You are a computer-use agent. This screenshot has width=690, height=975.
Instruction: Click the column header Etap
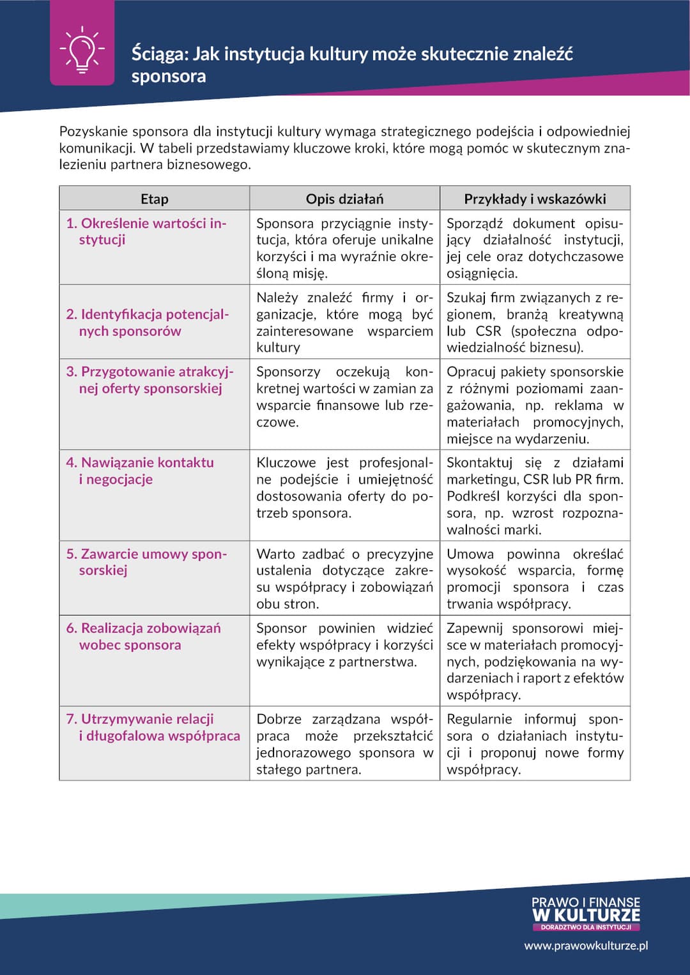[154, 199]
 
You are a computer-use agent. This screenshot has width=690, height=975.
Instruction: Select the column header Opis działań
[344, 199]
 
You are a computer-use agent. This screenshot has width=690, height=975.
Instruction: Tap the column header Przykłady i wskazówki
[535, 199]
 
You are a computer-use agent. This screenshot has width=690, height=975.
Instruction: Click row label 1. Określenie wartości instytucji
[146, 231]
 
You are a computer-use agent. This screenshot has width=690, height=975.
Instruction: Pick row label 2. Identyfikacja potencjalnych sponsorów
[147, 322]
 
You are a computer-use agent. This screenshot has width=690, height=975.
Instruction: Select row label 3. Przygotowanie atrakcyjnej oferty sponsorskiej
[150, 380]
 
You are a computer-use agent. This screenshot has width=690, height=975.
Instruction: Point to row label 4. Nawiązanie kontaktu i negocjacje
[141, 471]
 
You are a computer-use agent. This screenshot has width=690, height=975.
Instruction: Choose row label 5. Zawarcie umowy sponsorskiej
[146, 562]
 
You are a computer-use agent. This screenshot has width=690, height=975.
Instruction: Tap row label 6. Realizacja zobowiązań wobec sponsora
[144, 636]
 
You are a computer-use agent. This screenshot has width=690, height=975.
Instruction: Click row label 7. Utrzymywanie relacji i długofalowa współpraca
[153, 727]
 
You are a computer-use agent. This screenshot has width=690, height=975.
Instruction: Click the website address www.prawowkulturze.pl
[586, 946]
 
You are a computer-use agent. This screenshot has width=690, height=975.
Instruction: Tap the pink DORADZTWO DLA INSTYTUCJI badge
[585, 927]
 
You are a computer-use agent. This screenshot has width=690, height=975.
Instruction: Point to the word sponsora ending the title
[169, 77]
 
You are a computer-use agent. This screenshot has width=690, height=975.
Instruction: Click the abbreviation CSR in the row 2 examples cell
[488, 331]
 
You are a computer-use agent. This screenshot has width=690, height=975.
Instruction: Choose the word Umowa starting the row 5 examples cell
[470, 554]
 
